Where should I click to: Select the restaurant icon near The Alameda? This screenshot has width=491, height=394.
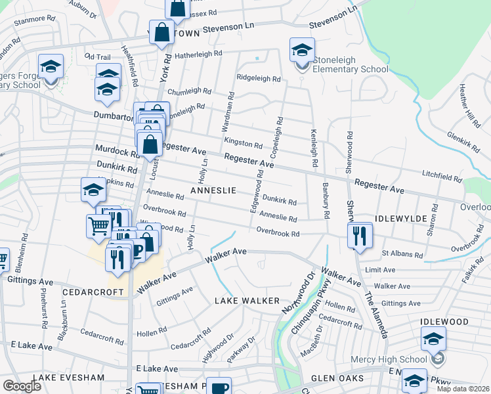[359, 236]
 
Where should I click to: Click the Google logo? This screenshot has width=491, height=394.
[21, 386]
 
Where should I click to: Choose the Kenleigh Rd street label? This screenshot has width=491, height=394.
[314, 147]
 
